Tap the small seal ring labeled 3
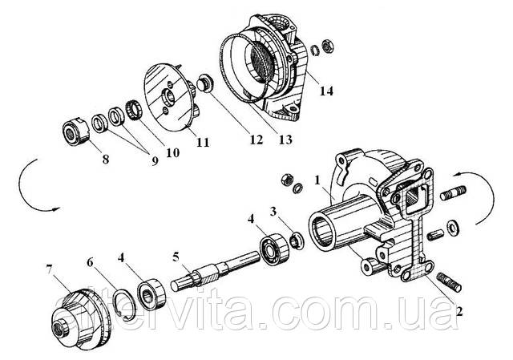click(x=294, y=238)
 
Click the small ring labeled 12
click(x=205, y=82)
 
